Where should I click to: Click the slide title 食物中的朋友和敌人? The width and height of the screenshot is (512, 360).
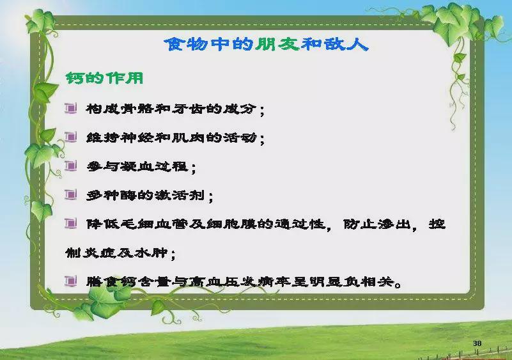click(266, 44)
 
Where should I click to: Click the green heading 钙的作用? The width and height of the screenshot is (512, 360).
click(104, 78)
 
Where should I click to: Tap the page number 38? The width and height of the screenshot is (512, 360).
click(477, 343)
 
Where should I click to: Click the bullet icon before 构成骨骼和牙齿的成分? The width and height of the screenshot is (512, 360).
click(70, 108)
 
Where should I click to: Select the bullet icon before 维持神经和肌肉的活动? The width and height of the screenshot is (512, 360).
click(70, 137)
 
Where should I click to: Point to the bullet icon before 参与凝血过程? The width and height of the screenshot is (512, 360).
click(70, 166)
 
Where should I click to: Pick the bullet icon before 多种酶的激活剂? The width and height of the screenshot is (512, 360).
click(70, 194)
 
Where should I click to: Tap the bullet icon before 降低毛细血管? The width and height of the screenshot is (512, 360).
click(70, 224)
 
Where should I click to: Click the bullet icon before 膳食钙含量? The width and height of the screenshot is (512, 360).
click(70, 281)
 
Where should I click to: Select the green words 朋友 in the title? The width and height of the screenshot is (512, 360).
click(278, 44)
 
